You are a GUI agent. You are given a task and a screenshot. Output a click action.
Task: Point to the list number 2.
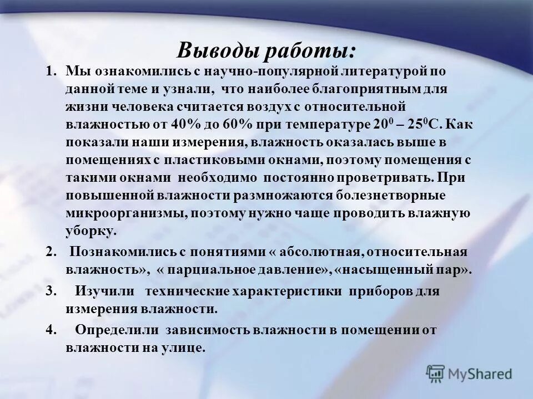pyautogui.click(x=51, y=252)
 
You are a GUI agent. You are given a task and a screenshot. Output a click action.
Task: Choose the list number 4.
pyautogui.click(x=51, y=330)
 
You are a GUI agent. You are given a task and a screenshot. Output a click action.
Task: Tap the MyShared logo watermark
pyautogui.click(x=470, y=374)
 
